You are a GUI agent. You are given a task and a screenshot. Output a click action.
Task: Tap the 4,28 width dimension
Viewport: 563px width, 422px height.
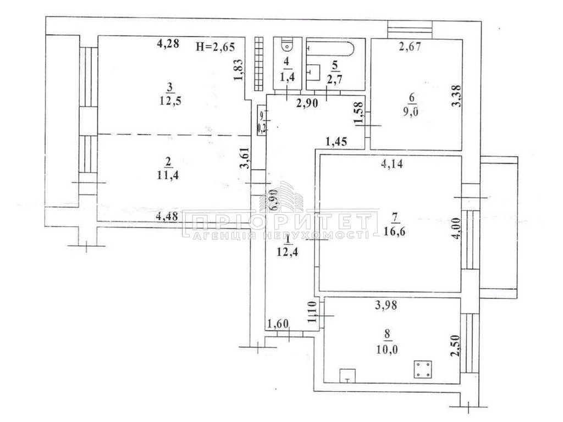click(x=168, y=45)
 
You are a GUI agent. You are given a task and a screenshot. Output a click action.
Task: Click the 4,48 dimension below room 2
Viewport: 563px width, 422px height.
click(x=167, y=216)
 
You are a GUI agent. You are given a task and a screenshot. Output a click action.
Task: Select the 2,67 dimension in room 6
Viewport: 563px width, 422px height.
click(x=410, y=47)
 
